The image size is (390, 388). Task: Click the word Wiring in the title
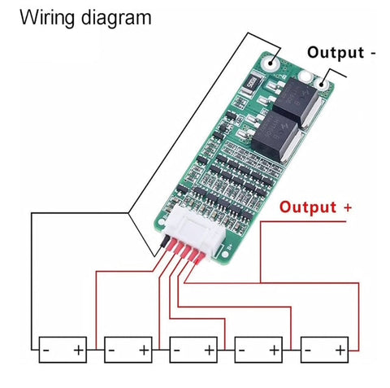click(47, 18)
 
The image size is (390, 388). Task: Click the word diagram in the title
click(116, 18)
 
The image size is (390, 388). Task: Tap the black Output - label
click(341, 52)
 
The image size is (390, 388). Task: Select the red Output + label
click(315, 207)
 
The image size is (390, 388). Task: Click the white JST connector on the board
click(196, 233)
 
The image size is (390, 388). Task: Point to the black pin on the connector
click(165, 242)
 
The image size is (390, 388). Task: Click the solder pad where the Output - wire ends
click(322, 84)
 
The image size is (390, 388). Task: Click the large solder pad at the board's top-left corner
click(271, 63)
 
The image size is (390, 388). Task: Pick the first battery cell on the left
click(63, 350)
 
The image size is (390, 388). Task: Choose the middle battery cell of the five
click(193, 350)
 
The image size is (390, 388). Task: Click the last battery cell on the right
click(325, 350)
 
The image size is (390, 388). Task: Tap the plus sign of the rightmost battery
click(340, 351)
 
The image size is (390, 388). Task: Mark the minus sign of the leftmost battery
click(46, 351)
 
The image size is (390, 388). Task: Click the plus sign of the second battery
click(144, 351)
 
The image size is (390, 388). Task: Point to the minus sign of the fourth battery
click(242, 351)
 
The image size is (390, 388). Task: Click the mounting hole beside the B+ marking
click(225, 254)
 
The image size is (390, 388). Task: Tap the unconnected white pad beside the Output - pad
click(306, 76)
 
